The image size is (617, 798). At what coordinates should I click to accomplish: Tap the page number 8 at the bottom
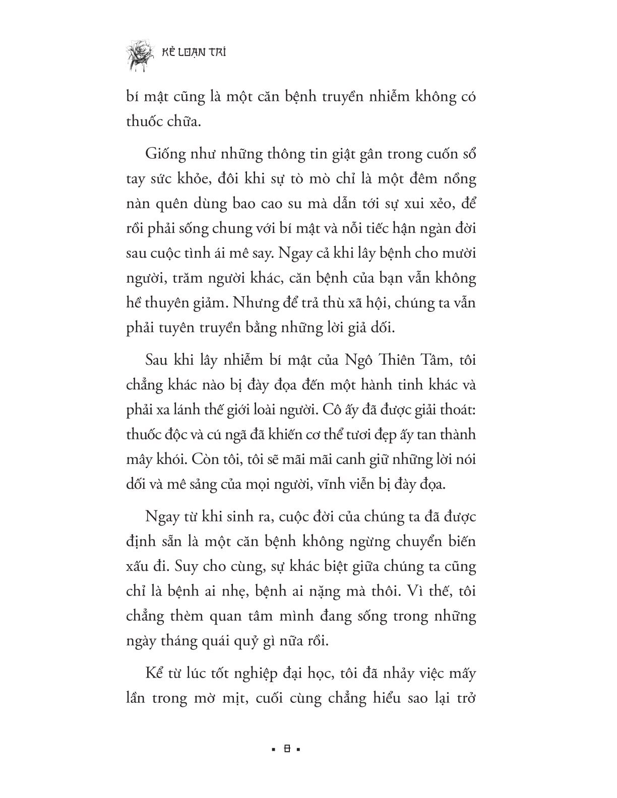click(x=286, y=749)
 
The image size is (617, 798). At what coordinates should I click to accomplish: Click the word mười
click(x=458, y=253)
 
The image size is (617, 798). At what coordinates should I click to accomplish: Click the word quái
click(x=216, y=641)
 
